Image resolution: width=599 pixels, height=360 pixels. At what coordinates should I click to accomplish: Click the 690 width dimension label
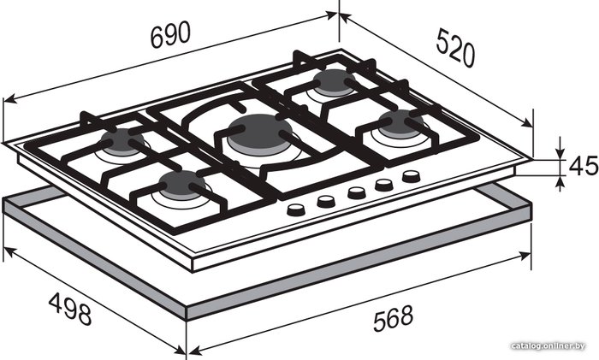(x=170, y=35)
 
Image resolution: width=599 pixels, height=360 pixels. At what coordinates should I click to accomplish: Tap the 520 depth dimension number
(x=456, y=48)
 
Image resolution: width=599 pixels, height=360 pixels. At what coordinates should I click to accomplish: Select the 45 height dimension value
(x=583, y=166)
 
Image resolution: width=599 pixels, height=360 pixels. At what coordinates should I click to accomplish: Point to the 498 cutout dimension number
(x=70, y=309)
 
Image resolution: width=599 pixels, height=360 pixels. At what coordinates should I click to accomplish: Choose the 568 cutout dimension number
(x=393, y=318)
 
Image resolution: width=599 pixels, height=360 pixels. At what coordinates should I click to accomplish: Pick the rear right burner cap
(x=334, y=82)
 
